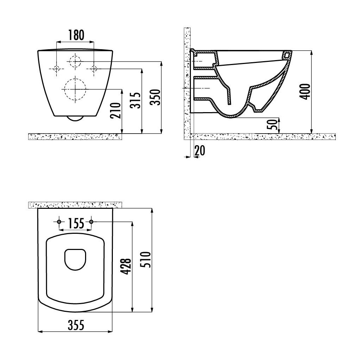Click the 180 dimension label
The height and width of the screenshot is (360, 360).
tap(76, 35)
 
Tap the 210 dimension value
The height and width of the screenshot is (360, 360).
tap(115, 111)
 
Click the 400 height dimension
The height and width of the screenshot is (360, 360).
tap(306, 92)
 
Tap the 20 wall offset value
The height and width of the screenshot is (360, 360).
tap(200, 150)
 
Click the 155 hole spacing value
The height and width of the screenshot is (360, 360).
tap(76, 223)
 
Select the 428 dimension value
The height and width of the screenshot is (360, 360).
tap(127, 266)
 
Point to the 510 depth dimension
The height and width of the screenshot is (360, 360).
tap(146, 259)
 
